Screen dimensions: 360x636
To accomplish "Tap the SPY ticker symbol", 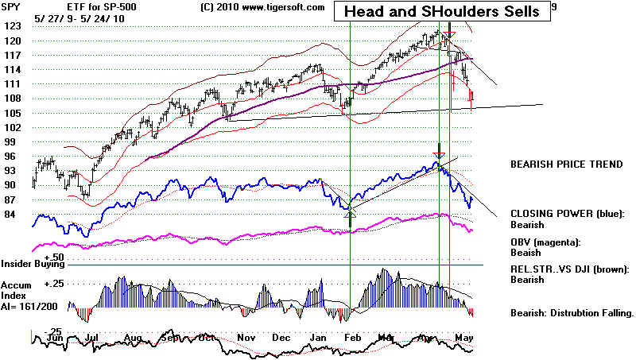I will (x=12, y=6).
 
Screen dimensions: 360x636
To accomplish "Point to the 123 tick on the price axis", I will (x=10, y=26).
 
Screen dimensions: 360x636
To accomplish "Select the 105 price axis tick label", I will (x=10, y=112).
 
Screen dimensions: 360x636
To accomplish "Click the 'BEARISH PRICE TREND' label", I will (x=566, y=165).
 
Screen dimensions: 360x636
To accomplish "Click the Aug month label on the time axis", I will (x=132, y=338).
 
